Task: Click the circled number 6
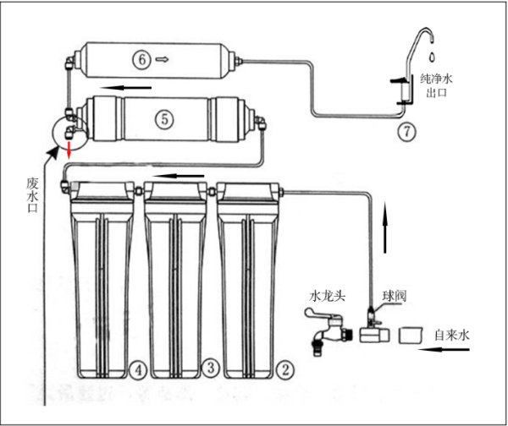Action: (141, 60)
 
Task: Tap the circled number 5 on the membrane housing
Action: (164, 119)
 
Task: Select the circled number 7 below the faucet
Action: (406, 132)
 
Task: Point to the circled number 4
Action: (138, 370)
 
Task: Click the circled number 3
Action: (211, 368)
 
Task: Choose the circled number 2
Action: (284, 369)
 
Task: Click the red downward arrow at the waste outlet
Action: (69, 150)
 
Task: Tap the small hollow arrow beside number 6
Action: (162, 59)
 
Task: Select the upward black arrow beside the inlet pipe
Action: (385, 227)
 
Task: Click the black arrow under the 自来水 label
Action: (444, 349)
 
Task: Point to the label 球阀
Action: (394, 296)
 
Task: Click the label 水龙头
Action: (327, 296)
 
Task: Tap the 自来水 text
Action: (452, 335)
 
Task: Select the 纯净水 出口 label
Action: (436, 85)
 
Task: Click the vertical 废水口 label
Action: (32, 194)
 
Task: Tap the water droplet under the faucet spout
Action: (432, 57)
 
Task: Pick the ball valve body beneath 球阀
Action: (374, 334)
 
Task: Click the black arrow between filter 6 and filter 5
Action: (125, 87)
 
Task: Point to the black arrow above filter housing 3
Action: (179, 176)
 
